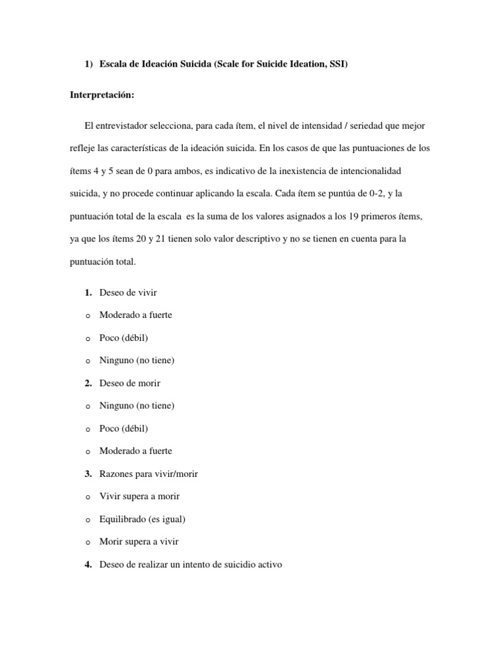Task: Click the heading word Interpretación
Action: (102, 95)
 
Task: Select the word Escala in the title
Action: (115, 65)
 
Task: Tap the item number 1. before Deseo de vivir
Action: (88, 292)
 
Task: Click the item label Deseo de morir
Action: (130, 383)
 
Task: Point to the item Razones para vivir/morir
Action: (148, 474)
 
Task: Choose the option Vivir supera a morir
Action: (140, 497)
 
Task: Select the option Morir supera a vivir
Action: (139, 542)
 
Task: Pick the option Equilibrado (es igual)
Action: (142, 519)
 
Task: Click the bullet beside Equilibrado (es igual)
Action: (87, 520)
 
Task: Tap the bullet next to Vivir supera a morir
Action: (87, 497)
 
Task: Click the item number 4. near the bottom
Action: (88, 564)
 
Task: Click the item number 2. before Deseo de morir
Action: (88, 383)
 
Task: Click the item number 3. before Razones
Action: (88, 474)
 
